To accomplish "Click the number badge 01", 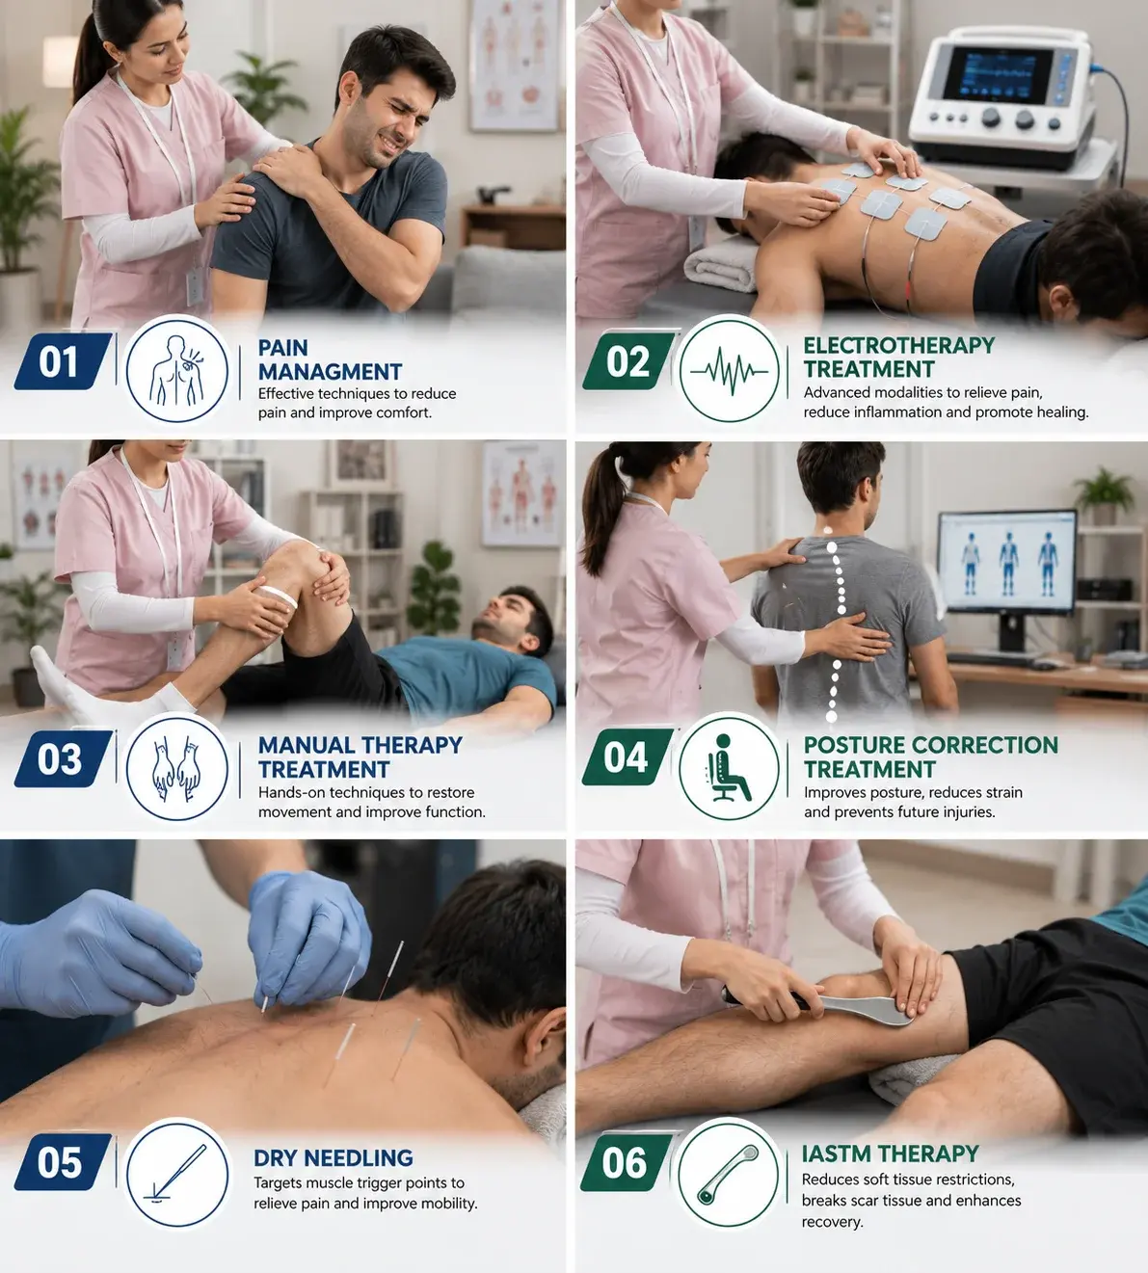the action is (x=63, y=361).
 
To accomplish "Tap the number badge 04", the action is (x=627, y=757).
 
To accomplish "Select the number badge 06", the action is (x=627, y=1163).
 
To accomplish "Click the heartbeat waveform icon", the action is (x=729, y=371).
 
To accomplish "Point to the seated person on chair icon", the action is (x=728, y=768).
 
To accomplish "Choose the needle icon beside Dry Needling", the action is (x=175, y=1174).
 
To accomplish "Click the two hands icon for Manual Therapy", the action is (x=176, y=768).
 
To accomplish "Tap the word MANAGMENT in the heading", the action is (x=330, y=371).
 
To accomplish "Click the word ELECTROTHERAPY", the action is (x=898, y=345).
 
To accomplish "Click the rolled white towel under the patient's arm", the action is (x=723, y=262).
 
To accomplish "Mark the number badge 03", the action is (x=63, y=758).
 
